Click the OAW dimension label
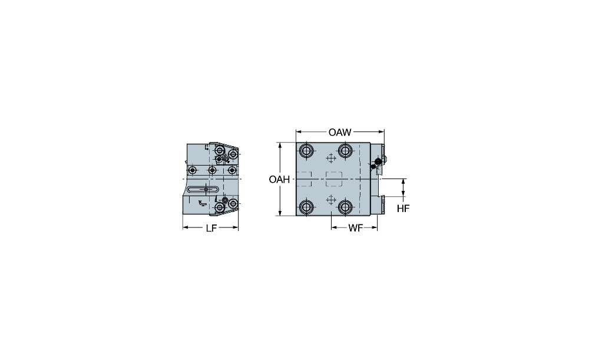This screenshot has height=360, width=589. coord(340,133)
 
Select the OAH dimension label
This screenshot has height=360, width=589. coord(279,180)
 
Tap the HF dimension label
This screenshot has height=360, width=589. coord(403,209)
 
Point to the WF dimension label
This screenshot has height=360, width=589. coord(355,228)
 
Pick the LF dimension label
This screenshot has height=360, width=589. coord(211,229)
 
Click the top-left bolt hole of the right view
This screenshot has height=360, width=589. coord(306,151)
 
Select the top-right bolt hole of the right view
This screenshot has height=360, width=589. coord(345,151)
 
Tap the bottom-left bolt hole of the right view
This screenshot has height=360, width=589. coord(306,207)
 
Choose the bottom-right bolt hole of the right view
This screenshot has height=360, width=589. coord(345,207)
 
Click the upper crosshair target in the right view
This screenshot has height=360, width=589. coord(330,158)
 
